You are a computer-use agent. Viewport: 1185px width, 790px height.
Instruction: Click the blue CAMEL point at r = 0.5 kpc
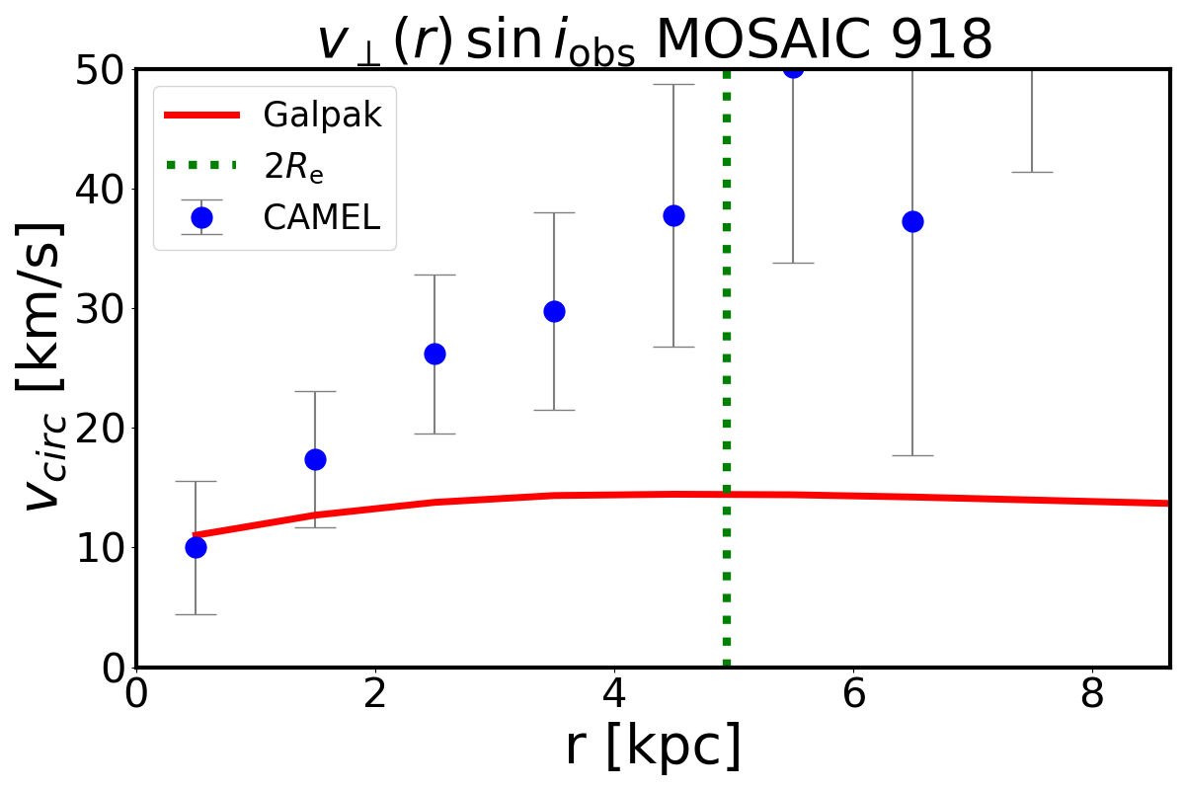coord(196,547)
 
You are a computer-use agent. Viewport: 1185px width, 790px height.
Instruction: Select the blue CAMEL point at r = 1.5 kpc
coord(315,459)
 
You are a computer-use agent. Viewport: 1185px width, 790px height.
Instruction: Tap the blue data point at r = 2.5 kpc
coord(434,354)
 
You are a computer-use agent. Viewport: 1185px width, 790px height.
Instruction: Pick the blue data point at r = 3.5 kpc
coord(554,311)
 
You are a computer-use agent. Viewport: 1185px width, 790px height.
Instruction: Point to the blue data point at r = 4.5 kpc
coord(673,215)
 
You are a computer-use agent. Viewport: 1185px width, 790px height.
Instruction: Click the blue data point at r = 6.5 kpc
coord(912,221)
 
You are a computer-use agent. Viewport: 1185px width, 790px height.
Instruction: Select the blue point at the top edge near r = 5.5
coord(793,68)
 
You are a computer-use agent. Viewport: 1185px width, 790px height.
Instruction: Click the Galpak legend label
coord(322,116)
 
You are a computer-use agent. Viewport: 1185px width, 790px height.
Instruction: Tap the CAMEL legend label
coord(322,217)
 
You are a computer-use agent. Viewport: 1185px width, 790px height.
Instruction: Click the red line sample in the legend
coord(201,116)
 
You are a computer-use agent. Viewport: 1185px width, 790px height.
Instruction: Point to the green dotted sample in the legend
coord(201,165)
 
